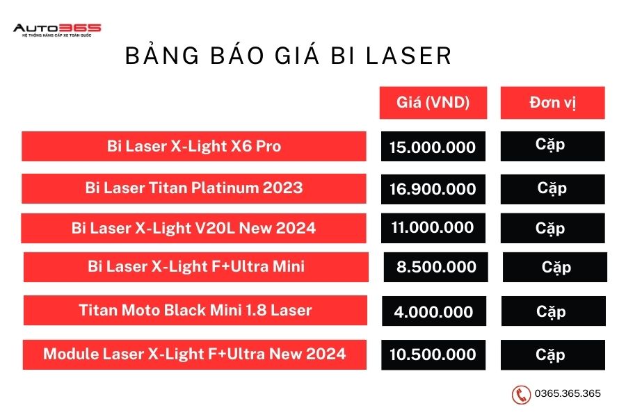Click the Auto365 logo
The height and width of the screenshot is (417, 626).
click(57, 30)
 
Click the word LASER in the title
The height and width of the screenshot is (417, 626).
click(409, 56)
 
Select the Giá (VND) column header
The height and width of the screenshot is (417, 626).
click(433, 103)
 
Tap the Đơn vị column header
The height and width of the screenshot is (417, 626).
click(552, 103)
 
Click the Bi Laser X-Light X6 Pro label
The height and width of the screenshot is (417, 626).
click(193, 146)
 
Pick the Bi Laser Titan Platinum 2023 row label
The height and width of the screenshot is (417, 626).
click(193, 188)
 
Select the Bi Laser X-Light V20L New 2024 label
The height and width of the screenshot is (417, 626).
click(193, 228)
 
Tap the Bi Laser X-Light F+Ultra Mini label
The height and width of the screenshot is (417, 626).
click(196, 267)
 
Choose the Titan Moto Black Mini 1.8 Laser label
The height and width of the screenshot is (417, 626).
click(195, 310)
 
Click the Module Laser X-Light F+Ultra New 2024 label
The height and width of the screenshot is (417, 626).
click(195, 354)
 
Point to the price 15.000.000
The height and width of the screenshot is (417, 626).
click(433, 147)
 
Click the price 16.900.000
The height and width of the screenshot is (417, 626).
click(433, 189)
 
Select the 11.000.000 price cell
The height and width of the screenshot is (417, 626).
click(433, 228)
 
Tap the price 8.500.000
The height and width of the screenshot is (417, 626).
click(435, 267)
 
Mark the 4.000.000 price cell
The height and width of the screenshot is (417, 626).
click(434, 311)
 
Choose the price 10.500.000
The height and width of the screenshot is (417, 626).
click(433, 354)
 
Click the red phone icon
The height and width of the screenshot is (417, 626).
click(521, 395)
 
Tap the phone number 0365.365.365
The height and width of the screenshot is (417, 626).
click(568, 393)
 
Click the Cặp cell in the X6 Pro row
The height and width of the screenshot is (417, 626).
click(552, 146)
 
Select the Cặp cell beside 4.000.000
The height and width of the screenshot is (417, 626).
click(554, 311)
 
